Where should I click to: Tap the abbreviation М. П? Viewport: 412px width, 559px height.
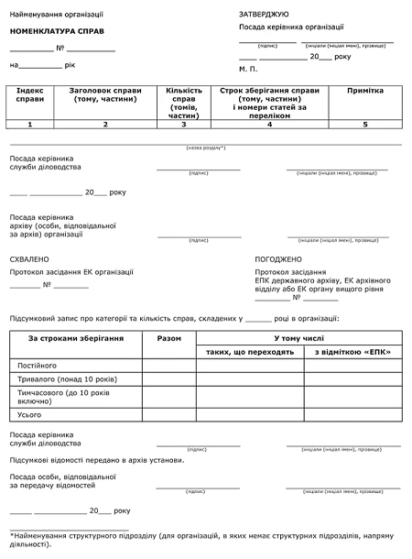pos(248,69)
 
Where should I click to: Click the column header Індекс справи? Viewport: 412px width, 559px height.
pos(30,96)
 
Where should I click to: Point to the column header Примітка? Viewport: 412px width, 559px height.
pos(364,92)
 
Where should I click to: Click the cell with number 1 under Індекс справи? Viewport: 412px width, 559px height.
pos(30,123)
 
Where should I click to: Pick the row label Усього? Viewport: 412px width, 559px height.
pos(31,414)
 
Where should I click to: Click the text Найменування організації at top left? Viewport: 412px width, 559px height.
pos(57,15)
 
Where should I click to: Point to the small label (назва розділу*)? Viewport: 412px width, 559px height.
pos(205,148)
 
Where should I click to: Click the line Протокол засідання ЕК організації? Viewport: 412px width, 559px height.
pos(71,272)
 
